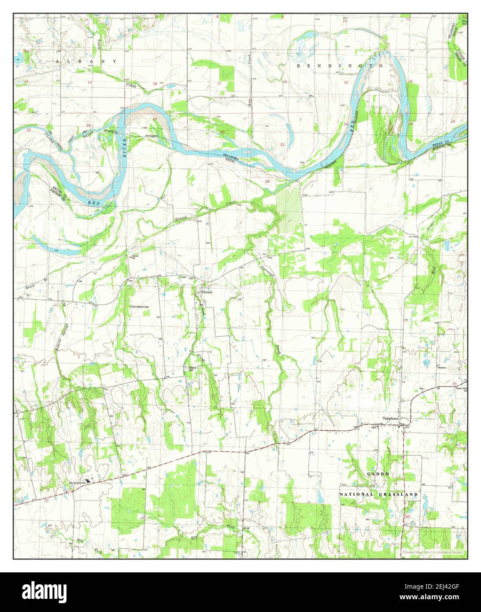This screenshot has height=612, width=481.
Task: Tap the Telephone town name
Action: (390, 419)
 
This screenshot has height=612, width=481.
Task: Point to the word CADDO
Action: (378, 474)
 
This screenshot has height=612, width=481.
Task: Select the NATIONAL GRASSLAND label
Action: (378, 494)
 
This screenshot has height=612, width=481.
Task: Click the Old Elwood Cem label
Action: (142, 306)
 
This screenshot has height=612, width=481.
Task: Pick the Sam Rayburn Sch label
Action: (76, 483)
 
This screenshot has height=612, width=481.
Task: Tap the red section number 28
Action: (267, 181)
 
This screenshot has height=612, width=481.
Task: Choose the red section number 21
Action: (282, 145)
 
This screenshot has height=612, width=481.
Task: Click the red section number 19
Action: (155, 119)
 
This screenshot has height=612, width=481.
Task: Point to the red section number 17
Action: (219, 83)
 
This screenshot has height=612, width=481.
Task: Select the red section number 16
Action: (285, 82)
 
